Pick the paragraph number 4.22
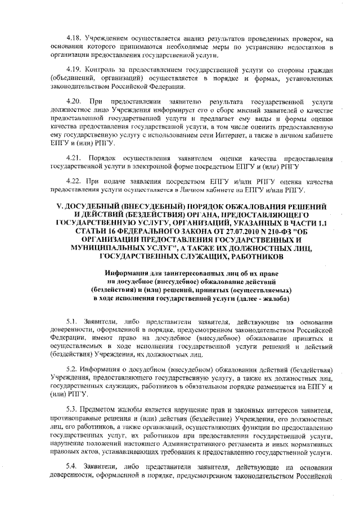pos(74,182)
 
